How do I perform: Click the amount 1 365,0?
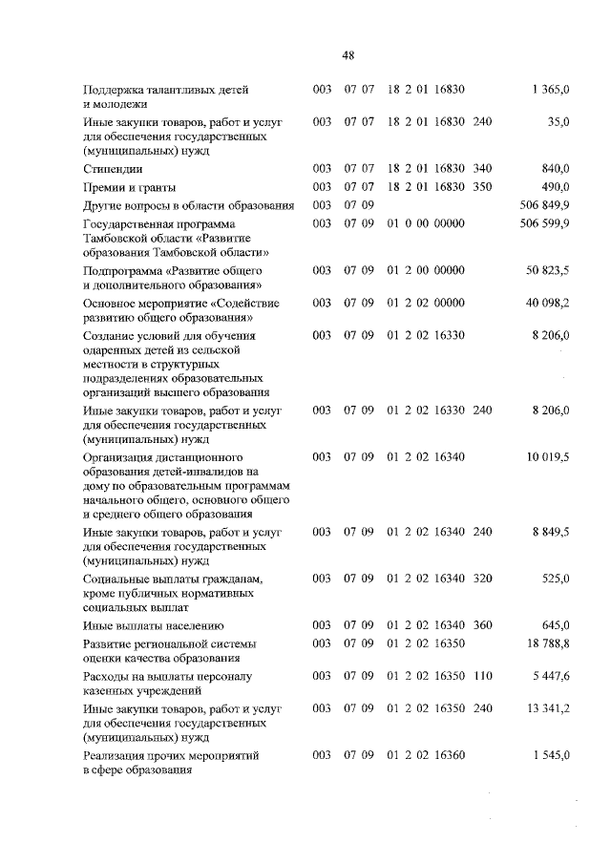coord(551,90)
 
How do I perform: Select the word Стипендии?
coord(111,169)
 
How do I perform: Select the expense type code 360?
coord(482,626)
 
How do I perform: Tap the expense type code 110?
coord(482,676)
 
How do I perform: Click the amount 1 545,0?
coord(551,755)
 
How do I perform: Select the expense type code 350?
coord(482,187)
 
